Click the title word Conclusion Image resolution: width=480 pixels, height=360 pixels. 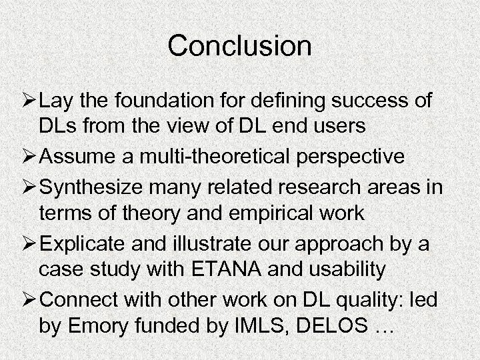(239, 46)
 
